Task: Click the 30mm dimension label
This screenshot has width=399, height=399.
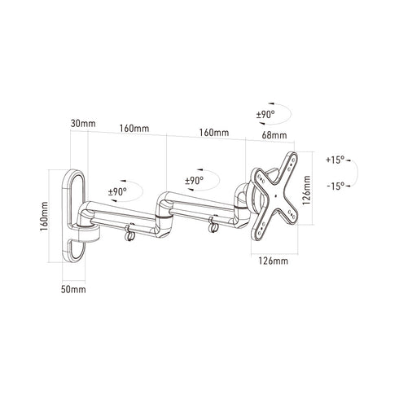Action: pyautogui.click(x=83, y=124)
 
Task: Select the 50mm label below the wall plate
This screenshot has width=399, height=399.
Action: pyautogui.click(x=73, y=289)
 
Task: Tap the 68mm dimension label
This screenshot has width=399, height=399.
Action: pyautogui.click(x=274, y=134)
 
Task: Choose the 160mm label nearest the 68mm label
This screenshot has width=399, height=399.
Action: pyautogui.click(x=214, y=132)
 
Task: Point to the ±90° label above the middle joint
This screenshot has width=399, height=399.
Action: pyautogui.click(x=194, y=181)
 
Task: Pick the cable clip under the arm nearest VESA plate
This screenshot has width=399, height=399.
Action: pyautogui.click(x=214, y=221)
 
